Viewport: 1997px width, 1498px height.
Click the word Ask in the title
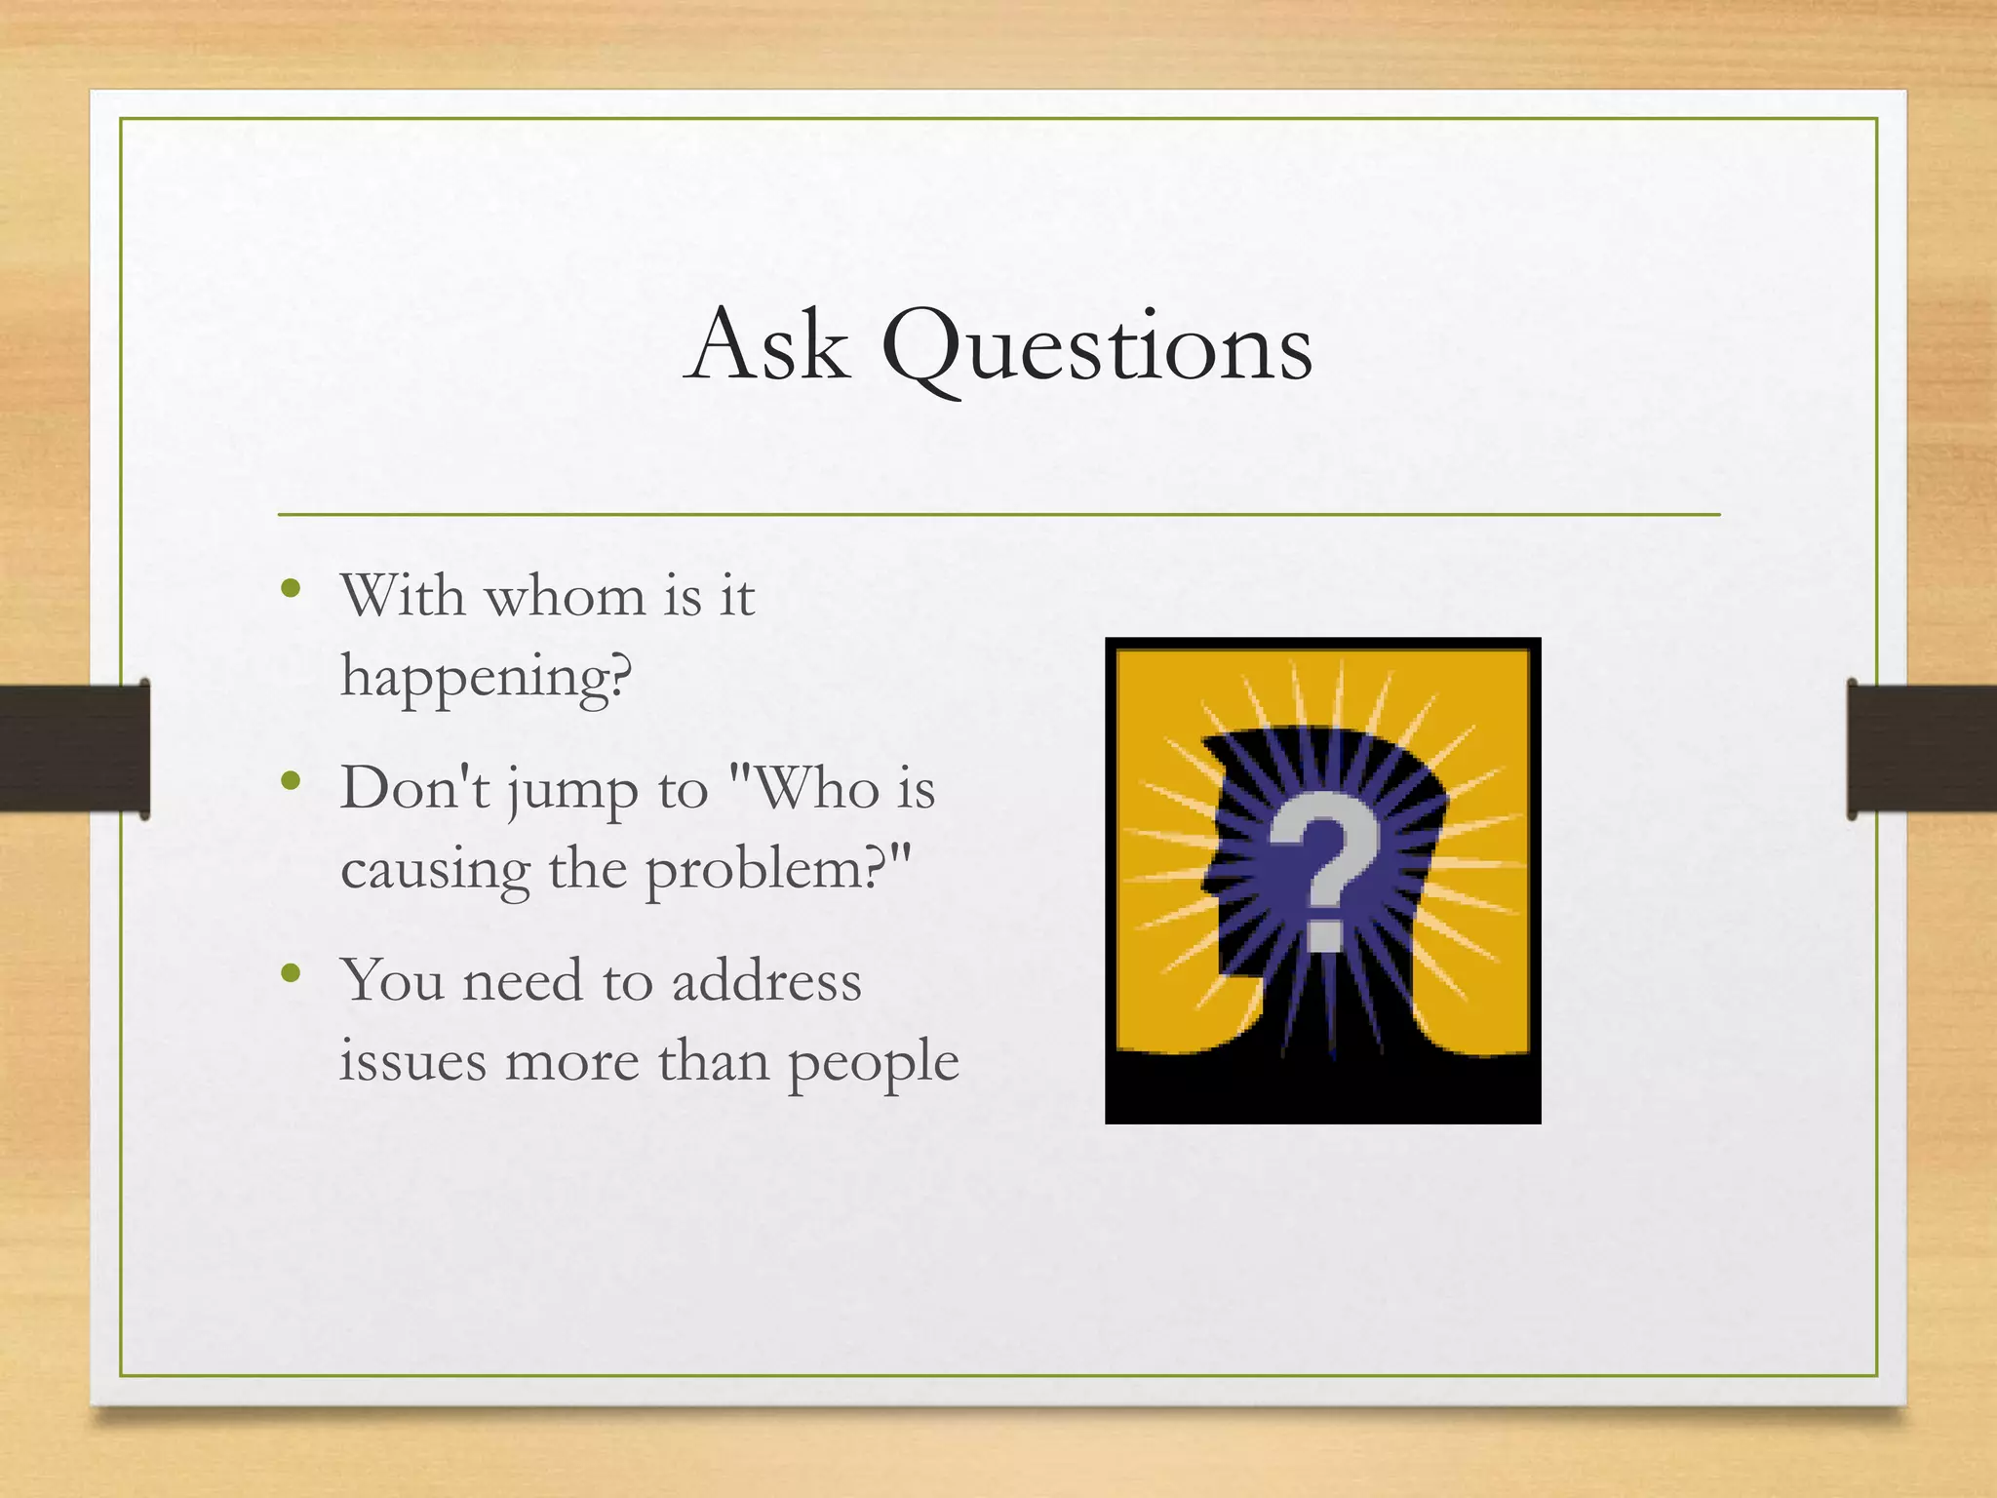(766, 346)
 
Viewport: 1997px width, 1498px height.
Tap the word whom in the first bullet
(566, 596)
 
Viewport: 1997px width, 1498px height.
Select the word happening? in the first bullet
(486, 677)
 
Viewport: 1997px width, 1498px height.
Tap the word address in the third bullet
(766, 981)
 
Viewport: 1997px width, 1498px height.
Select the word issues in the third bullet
(412, 1061)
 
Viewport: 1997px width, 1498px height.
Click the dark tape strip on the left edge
(73, 748)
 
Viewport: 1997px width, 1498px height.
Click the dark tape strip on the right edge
(1921, 748)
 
